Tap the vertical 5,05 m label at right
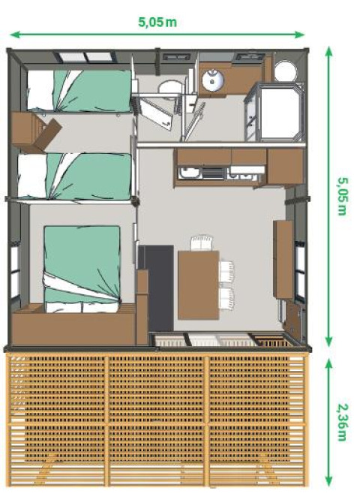click(x=342, y=195)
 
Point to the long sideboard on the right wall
click(x=284, y=259)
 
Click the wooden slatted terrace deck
click(x=157, y=420)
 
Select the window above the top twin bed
click(x=82, y=57)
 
